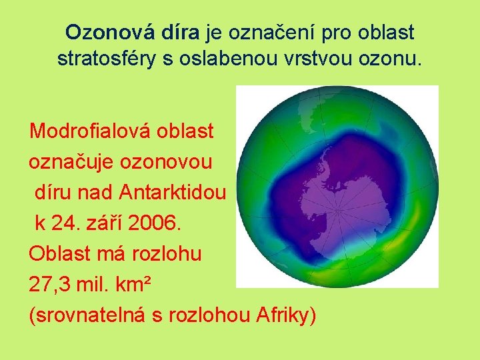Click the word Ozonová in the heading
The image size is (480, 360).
click(x=109, y=32)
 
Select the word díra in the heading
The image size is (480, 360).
click(x=180, y=32)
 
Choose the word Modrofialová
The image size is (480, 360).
click(x=90, y=131)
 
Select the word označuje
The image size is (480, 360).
click(x=72, y=161)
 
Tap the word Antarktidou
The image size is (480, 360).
click(x=174, y=193)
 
